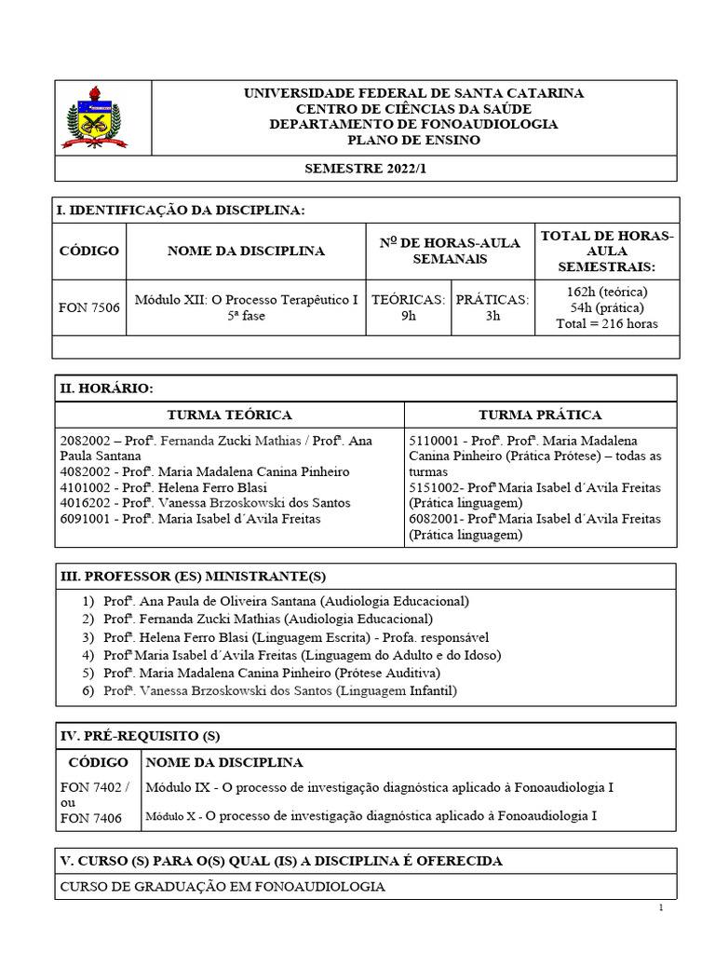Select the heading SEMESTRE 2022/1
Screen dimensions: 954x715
(x=370, y=169)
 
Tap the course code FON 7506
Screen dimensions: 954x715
(x=89, y=307)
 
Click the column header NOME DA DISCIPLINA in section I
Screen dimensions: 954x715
(x=246, y=251)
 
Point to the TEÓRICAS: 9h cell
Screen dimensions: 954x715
(x=408, y=307)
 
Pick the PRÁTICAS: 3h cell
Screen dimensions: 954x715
(x=493, y=307)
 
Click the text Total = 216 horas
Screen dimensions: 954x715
(x=606, y=324)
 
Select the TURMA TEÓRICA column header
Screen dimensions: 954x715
(x=229, y=415)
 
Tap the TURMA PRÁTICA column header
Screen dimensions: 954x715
(x=540, y=415)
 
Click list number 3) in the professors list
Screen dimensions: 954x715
(x=88, y=637)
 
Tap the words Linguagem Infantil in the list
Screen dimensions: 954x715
(x=397, y=690)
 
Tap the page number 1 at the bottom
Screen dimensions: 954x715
(x=660, y=908)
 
